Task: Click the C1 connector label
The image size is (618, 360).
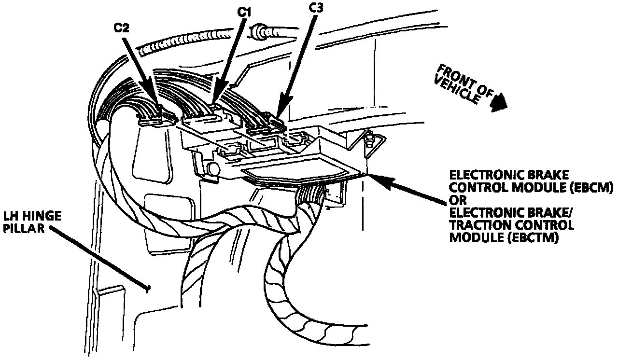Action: tap(244, 11)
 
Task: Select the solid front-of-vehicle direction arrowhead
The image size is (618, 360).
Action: tap(499, 103)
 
